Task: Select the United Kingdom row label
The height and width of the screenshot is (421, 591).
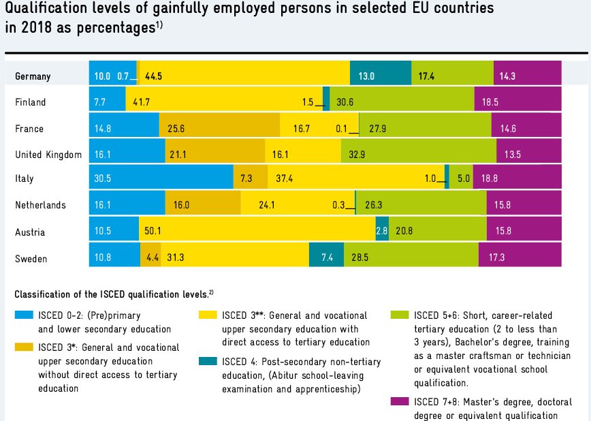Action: tap(48, 155)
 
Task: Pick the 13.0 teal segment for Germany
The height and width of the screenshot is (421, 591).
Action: tap(380, 76)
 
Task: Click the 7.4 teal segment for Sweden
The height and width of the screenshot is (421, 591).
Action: tap(326, 259)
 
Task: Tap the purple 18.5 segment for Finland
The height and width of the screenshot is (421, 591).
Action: tap(517, 102)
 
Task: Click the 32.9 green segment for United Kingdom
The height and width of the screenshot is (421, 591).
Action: tap(418, 155)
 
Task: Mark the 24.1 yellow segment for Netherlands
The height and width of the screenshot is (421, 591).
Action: tap(298, 205)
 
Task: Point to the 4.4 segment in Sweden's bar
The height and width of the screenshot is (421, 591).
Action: tap(150, 259)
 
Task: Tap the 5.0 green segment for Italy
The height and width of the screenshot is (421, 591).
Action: tap(461, 179)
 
